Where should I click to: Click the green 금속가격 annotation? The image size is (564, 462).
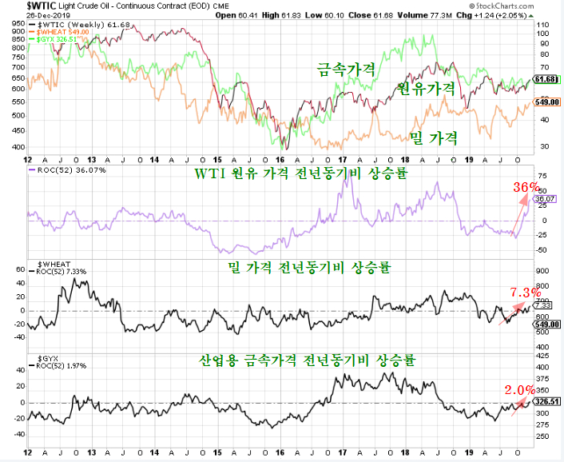coord(346,70)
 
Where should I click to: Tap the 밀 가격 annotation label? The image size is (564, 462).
coord(433,138)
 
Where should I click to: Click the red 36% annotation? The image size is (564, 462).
coord(526,187)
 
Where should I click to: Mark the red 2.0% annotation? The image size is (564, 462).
coord(519,390)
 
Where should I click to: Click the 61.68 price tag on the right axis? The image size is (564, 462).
coord(545,79)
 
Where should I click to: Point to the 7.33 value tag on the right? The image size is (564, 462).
coord(543,305)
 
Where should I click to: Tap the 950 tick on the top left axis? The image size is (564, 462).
coord(18,24)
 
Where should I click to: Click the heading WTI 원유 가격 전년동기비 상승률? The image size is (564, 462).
coord(295,173)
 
